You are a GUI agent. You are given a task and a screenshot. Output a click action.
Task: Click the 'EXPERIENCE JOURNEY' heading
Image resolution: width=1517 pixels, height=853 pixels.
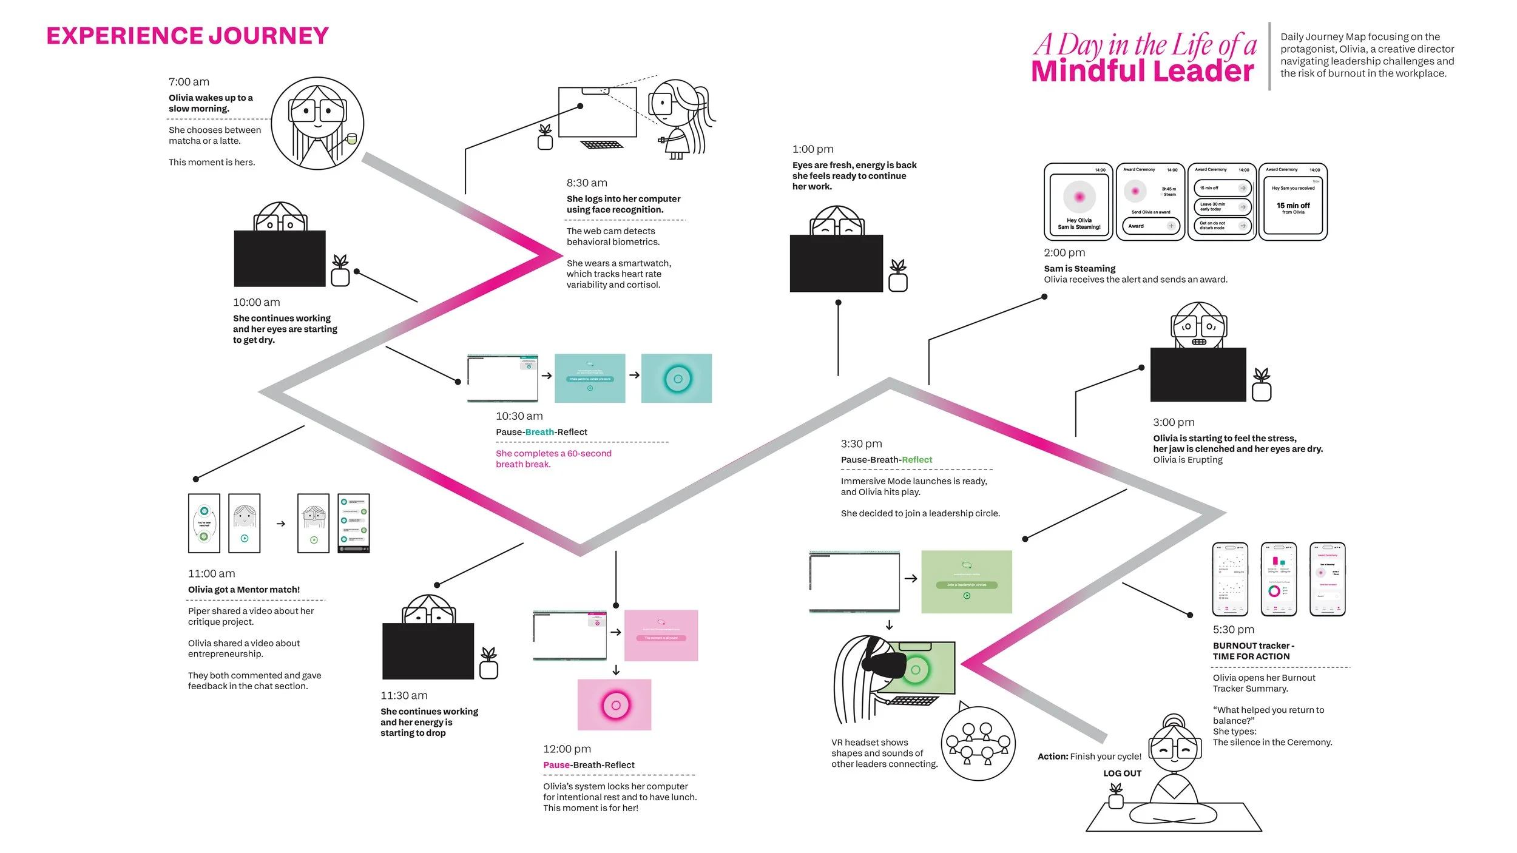[188, 36]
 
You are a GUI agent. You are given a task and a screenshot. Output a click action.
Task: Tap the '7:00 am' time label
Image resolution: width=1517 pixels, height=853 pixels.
[189, 82]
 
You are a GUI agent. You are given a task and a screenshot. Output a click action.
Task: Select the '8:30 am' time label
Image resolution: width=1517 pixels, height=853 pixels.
[586, 183]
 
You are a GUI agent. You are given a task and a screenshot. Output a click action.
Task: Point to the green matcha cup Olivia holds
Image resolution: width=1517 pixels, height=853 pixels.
[351, 139]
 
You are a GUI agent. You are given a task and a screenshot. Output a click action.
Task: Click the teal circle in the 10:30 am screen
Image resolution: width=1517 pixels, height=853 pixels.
[678, 379]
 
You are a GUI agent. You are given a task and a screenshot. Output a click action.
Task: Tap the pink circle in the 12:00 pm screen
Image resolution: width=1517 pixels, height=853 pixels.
[615, 705]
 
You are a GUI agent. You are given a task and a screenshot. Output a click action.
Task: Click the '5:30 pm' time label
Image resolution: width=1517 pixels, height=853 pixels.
[1233, 630]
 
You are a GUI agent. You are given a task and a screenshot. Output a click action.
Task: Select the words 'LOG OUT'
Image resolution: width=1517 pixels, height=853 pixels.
[1122, 774]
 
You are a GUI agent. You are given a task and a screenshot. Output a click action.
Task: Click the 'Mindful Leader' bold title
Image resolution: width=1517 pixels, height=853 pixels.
[1142, 71]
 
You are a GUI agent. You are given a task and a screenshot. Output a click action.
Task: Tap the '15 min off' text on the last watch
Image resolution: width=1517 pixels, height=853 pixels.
[1293, 206]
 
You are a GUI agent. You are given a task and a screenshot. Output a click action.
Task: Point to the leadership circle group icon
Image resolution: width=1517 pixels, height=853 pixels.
[978, 743]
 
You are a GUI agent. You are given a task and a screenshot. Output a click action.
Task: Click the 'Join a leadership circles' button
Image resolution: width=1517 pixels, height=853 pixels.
[967, 585]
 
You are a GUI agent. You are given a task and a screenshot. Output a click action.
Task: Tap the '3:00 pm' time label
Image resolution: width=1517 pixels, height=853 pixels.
[1174, 422]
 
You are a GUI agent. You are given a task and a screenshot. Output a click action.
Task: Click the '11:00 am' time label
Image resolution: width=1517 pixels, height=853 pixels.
[211, 573]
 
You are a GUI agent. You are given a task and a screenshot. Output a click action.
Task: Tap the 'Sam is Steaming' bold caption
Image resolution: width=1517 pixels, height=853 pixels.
[1079, 269]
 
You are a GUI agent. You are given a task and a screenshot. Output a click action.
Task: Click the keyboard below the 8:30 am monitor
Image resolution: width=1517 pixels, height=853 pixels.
[601, 144]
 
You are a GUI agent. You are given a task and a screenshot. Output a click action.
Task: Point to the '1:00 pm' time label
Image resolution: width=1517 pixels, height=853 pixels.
[813, 149]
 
